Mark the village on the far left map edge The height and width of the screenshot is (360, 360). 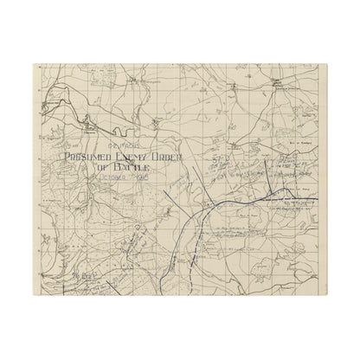coord(38,127)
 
